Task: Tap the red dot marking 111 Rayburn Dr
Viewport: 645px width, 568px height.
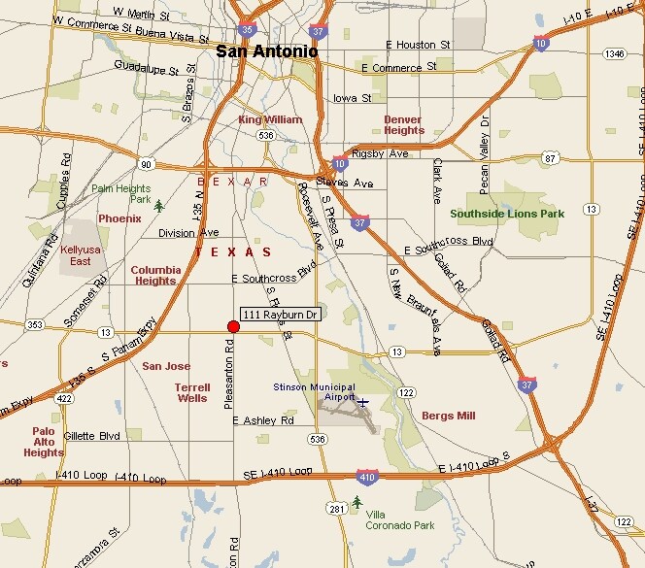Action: tap(233, 327)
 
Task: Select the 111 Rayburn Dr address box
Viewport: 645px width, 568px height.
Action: tap(280, 315)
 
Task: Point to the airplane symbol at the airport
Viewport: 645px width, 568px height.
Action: tap(363, 402)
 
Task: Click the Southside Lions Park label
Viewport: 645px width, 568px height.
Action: tap(507, 213)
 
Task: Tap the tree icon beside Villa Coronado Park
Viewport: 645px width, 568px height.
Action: tap(356, 502)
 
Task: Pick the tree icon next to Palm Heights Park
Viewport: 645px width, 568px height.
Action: tap(159, 205)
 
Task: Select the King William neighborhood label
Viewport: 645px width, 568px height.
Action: tap(270, 119)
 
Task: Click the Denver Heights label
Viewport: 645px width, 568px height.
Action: tap(402, 124)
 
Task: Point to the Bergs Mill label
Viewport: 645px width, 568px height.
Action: tap(448, 416)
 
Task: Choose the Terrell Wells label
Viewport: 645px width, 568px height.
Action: tap(191, 391)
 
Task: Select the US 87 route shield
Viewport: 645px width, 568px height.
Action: tap(551, 157)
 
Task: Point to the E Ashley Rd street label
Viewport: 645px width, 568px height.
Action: tap(262, 420)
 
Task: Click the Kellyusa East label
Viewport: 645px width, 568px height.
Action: tap(82, 255)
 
